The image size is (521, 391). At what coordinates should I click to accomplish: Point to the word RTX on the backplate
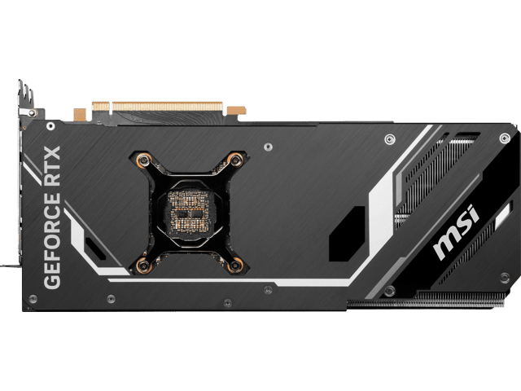[52, 166]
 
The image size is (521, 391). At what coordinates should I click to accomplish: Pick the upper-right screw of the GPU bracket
[235, 160]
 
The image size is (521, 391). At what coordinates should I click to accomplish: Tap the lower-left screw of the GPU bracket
[143, 265]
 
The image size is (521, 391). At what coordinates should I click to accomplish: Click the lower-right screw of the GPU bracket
[235, 265]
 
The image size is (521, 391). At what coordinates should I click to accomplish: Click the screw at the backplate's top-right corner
[505, 138]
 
